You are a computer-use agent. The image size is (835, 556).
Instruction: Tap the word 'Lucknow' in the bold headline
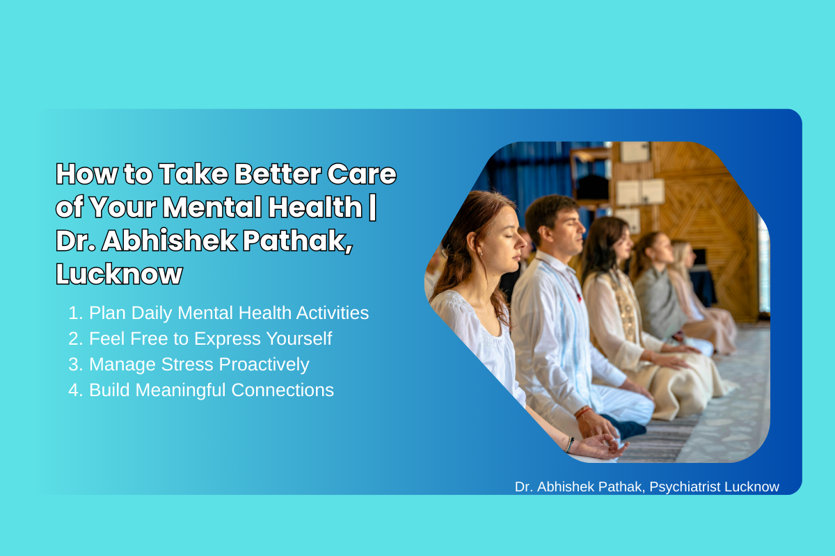click(119, 274)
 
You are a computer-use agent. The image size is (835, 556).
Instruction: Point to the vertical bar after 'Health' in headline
click(372, 208)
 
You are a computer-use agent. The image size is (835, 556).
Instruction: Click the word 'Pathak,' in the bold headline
click(298, 240)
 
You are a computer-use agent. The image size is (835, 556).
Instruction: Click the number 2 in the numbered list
click(74, 339)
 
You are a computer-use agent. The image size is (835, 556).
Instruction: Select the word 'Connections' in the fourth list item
click(283, 390)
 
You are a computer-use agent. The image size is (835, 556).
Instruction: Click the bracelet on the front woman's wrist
click(569, 445)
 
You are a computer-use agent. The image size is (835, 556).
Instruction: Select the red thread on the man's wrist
click(583, 412)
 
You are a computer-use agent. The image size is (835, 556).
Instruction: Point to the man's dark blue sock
click(626, 427)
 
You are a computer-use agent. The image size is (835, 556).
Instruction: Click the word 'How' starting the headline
click(86, 174)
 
